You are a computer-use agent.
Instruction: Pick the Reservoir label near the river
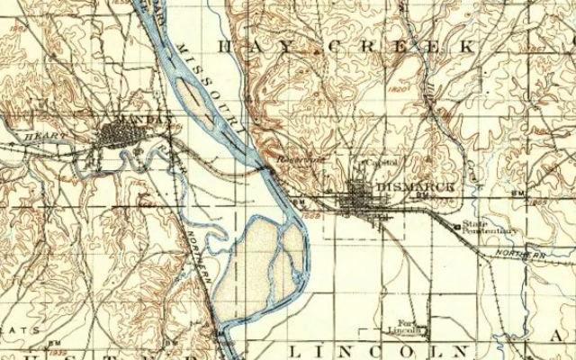(x=293, y=159)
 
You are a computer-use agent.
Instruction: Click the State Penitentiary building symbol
(x=458, y=225)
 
